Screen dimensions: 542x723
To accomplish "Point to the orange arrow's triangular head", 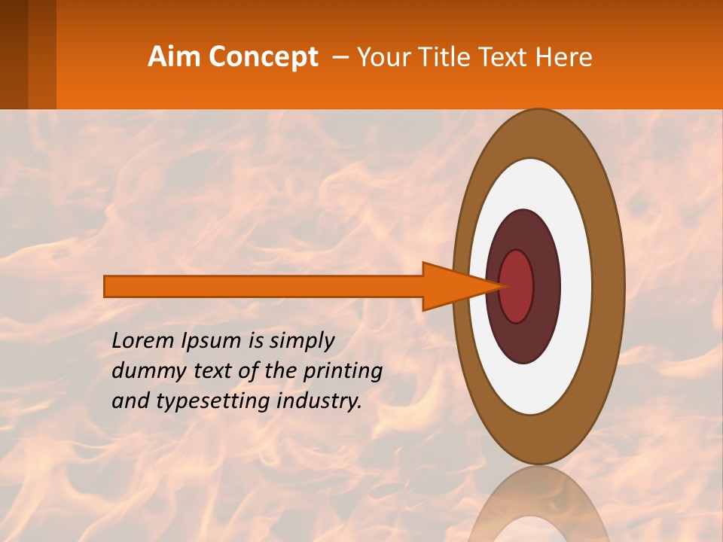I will click(x=452, y=286).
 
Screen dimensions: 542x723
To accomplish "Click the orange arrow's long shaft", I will click(x=264, y=286).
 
